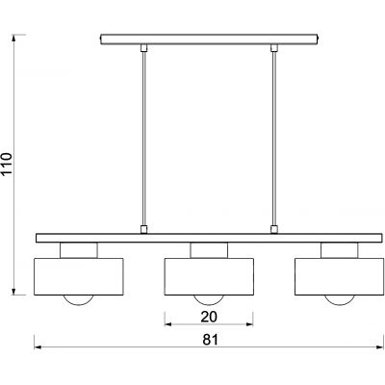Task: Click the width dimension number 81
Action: pyautogui.click(x=209, y=339)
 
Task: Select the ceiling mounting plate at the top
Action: pyautogui.click(x=209, y=38)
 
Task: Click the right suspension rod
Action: pyautogui.click(x=274, y=135)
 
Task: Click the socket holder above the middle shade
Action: pyautogui.click(x=209, y=250)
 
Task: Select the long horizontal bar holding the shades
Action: pyautogui.click(x=209, y=238)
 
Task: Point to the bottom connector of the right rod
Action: pyautogui.click(x=274, y=229)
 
